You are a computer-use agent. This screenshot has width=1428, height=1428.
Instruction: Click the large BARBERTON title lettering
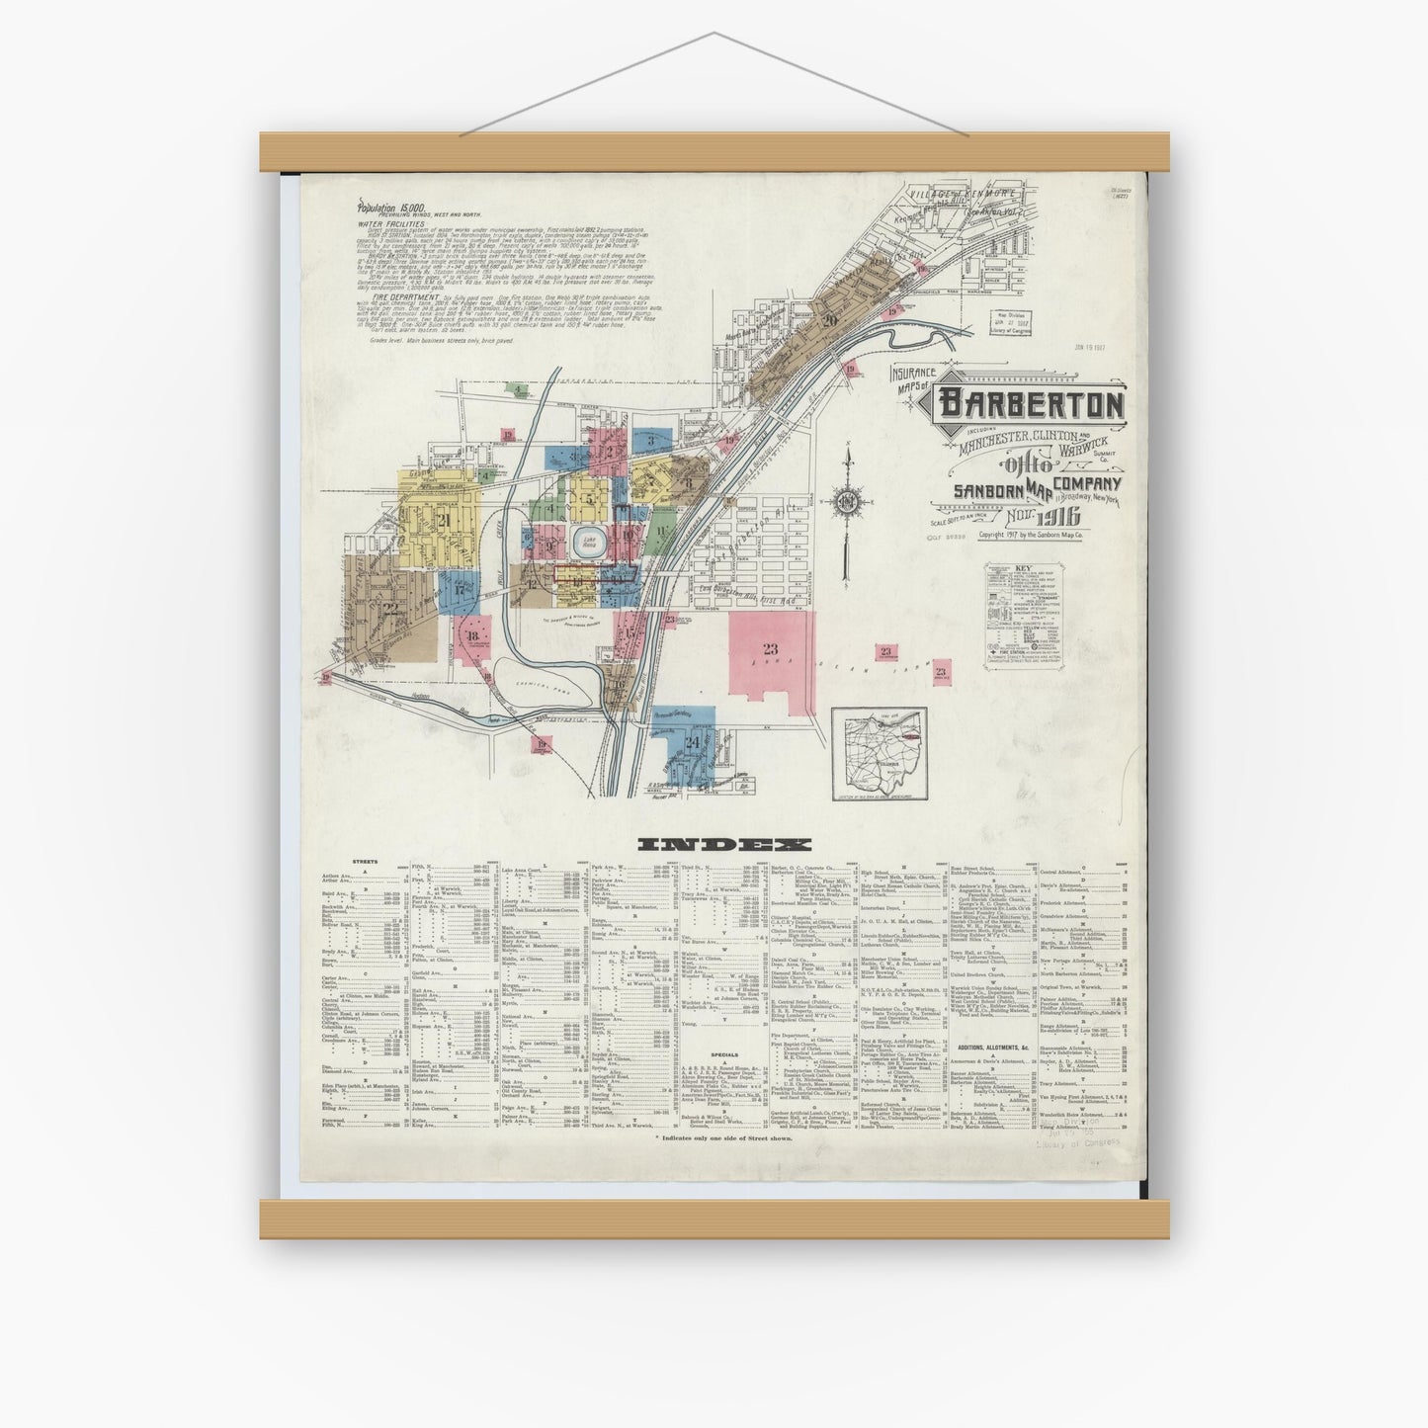pos(1031,404)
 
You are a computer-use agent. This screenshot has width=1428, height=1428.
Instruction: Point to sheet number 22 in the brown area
pos(391,608)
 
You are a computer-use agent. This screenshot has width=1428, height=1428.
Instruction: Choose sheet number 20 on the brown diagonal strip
pos(828,319)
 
